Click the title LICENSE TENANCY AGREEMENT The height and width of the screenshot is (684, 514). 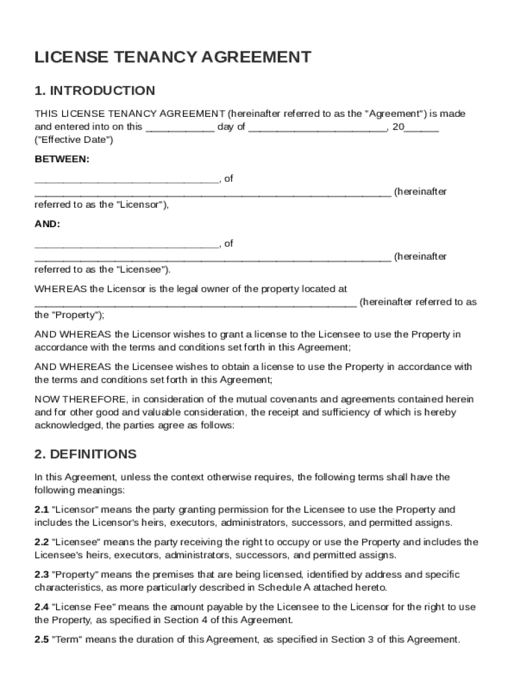pyautogui.click(x=172, y=57)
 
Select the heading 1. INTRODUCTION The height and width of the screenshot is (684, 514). pyautogui.click(x=95, y=91)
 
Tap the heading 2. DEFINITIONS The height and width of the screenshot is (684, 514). pyautogui.click(x=85, y=454)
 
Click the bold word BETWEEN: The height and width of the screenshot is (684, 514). pyautogui.click(x=61, y=160)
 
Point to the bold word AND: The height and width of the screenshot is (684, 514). pyautogui.click(x=47, y=224)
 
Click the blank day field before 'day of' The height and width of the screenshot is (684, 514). pyautogui.click(x=180, y=128)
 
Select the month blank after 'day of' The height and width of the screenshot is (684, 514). pyautogui.click(x=317, y=128)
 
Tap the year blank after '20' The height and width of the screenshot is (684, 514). pyautogui.click(x=421, y=128)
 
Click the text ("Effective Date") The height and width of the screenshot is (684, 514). pyautogui.click(x=74, y=140)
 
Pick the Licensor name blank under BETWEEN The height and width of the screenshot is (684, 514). pyautogui.click(x=126, y=180)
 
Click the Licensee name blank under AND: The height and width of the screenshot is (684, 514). pyautogui.click(x=126, y=244)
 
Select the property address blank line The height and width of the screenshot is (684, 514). pyautogui.click(x=195, y=303)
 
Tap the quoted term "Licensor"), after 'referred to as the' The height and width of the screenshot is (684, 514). pyautogui.click(x=144, y=205)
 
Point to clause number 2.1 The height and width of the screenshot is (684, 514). pyautogui.click(x=41, y=510)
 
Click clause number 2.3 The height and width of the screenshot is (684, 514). pyautogui.click(x=41, y=575)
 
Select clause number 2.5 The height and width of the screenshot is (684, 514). pyautogui.click(x=41, y=640)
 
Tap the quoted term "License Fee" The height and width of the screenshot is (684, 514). pyautogui.click(x=79, y=607)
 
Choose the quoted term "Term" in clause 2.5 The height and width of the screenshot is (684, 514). pyautogui.click(x=66, y=640)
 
